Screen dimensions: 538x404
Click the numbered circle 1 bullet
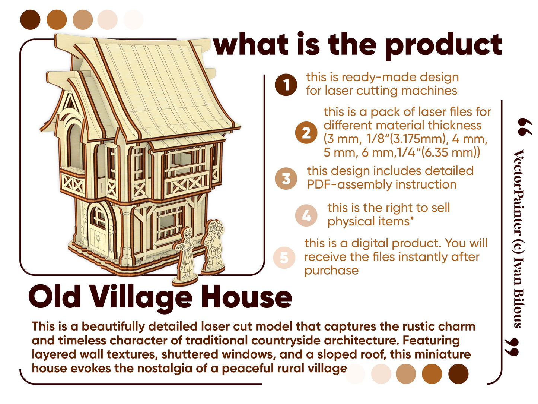[x=286, y=85]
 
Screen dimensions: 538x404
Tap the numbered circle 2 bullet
[x=306, y=132]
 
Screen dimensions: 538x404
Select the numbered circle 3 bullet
[x=286, y=178]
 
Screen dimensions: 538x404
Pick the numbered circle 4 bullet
[x=306, y=215]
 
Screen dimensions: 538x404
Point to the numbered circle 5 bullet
[x=284, y=258]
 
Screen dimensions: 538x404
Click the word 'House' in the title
[x=246, y=297]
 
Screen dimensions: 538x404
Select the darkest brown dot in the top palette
[x=30, y=20]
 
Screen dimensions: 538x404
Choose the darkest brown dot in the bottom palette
[x=458, y=373]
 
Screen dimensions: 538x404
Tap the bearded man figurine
[x=213, y=245]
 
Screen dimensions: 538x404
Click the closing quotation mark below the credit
[x=512, y=347]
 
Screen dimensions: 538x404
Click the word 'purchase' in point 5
[x=331, y=271]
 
